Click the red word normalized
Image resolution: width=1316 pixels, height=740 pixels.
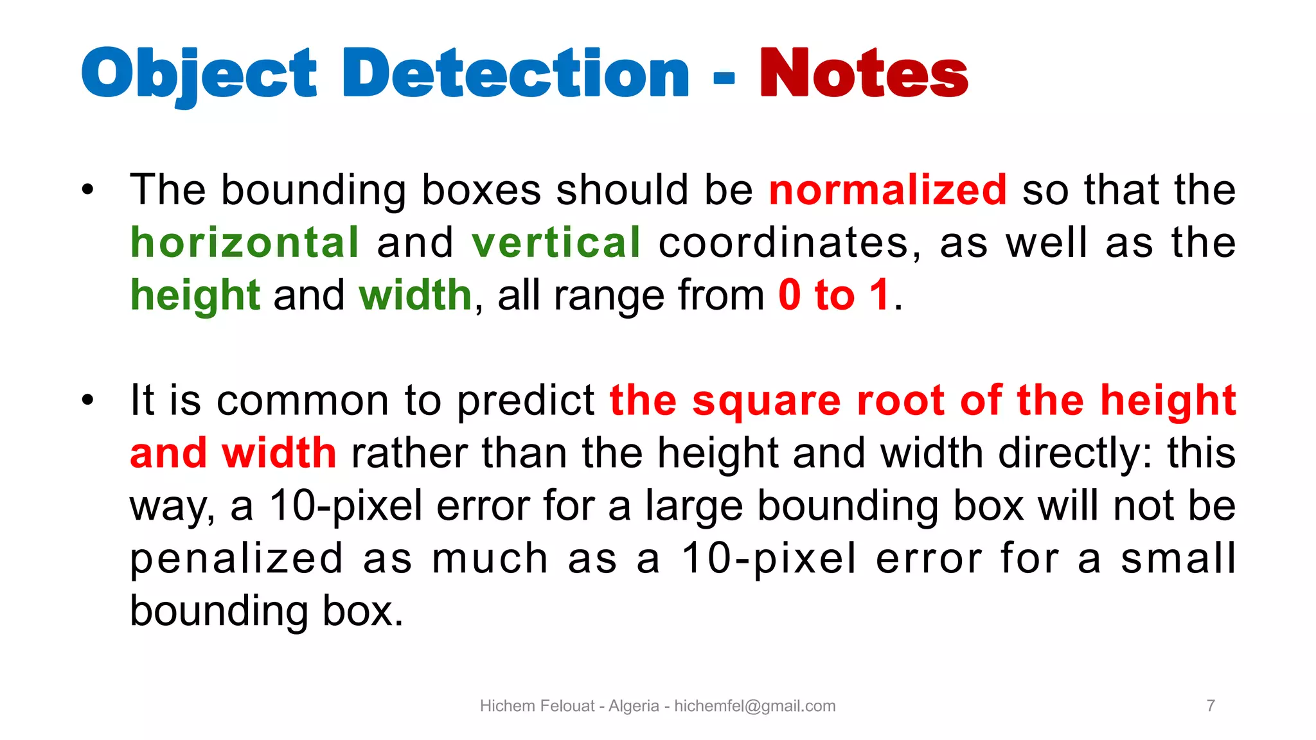point(887,190)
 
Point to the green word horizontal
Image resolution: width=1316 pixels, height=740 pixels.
point(245,243)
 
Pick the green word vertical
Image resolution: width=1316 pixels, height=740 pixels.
point(556,243)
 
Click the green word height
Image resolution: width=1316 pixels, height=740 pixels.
point(195,295)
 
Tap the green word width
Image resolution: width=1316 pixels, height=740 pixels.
point(415,295)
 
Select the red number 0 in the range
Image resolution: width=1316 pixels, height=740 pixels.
point(790,295)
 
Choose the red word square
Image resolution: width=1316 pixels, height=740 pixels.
point(766,401)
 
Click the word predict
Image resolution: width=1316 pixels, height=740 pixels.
point(526,401)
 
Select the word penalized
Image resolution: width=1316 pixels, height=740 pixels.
point(237,559)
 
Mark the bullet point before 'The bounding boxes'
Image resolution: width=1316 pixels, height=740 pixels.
point(88,190)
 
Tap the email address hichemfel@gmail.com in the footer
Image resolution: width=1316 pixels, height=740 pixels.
point(754,706)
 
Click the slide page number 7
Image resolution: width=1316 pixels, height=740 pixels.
point(1211,706)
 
